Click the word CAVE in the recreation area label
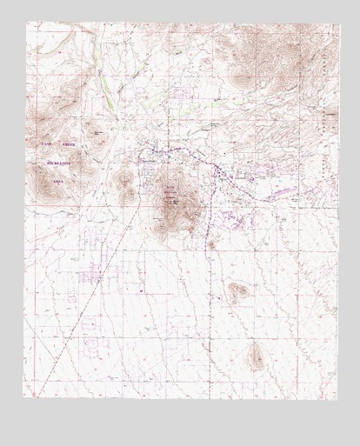[47, 142]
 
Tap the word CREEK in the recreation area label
[69, 142]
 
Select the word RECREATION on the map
[53, 162]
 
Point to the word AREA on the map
[58, 181]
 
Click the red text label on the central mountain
[170, 192]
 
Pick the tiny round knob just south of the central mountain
[211, 245]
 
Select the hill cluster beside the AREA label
[41, 181]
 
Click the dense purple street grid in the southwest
[94, 276]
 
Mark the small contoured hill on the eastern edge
[329, 117]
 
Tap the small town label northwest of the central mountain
[152, 162]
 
